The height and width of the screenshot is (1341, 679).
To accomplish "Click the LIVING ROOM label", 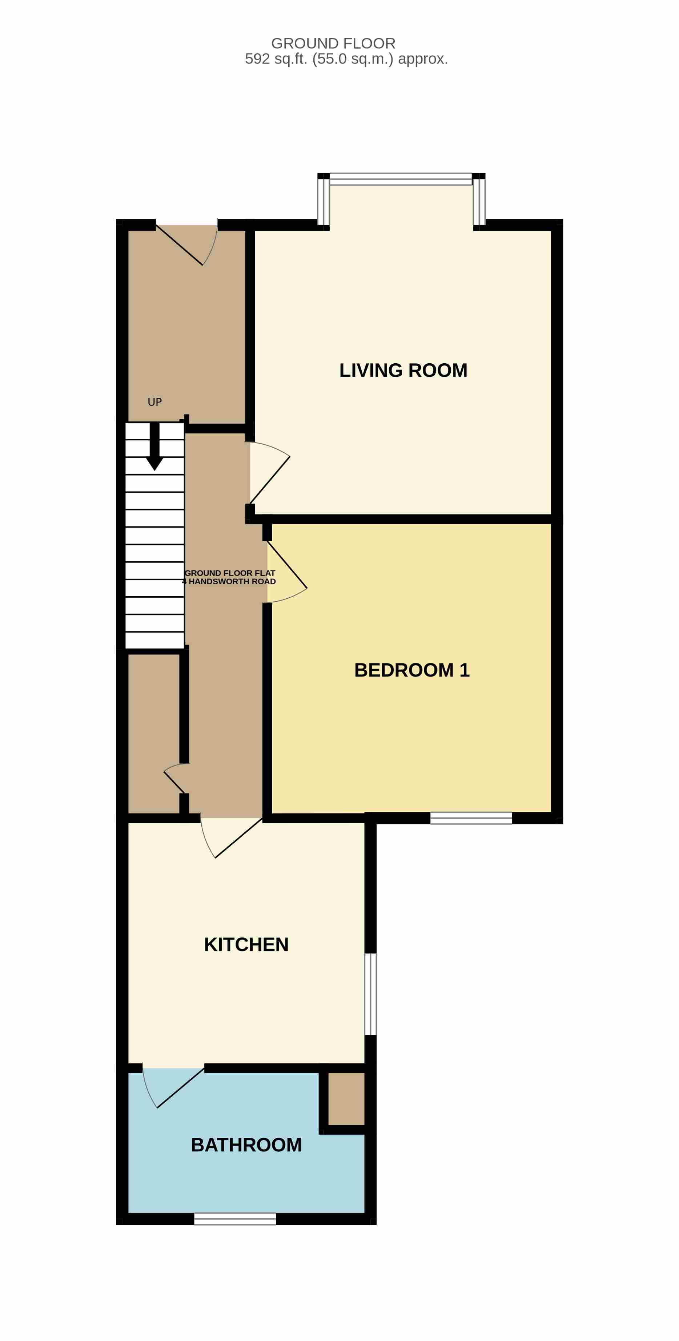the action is pos(403,371).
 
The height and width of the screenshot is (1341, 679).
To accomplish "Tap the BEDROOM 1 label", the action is pos(412,670).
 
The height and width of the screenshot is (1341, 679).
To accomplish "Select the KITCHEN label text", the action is pos(246,944).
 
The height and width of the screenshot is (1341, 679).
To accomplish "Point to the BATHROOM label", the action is pos(246,1145).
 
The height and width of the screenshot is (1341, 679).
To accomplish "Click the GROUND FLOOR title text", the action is pos(333,43).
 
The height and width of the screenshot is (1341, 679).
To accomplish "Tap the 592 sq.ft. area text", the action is pos(346,59).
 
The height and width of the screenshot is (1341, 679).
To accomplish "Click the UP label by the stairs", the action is pos(154,402).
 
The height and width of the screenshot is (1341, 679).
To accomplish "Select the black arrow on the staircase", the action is pos(154,446).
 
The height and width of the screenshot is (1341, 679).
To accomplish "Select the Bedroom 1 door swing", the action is pos(286,571).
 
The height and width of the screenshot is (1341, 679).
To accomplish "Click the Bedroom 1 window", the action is pos(471,818).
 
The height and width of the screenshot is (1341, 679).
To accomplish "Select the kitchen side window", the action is pos(370,994).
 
